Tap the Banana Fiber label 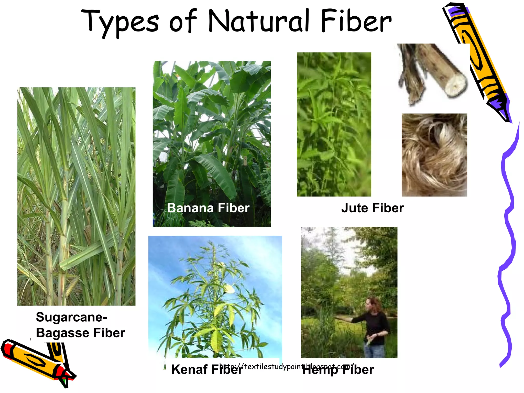(x=208, y=208)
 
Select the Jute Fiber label (x=372, y=208)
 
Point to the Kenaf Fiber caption (x=194, y=369)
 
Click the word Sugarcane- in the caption (x=71, y=317)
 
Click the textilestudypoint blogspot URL (x=287, y=366)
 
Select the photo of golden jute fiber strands (x=434, y=155)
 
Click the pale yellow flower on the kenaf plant (x=229, y=289)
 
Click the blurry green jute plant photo (x=334, y=124)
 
